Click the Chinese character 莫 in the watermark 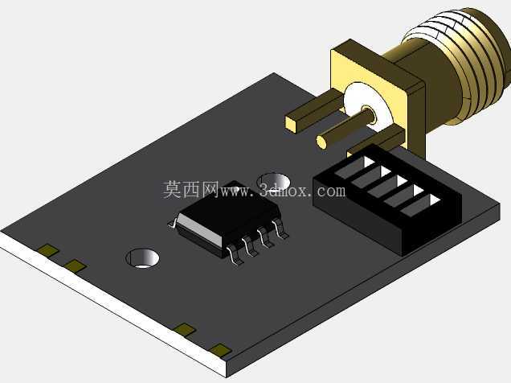click(x=173, y=189)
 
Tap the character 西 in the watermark click(x=190, y=189)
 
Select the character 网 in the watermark click(x=209, y=189)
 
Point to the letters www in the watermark click(x=235, y=191)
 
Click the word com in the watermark click(x=332, y=191)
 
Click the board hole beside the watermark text click(x=274, y=181)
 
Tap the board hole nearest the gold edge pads click(x=142, y=258)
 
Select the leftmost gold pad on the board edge click(x=48, y=250)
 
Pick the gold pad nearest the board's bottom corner click(x=221, y=350)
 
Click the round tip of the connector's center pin click(x=321, y=142)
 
